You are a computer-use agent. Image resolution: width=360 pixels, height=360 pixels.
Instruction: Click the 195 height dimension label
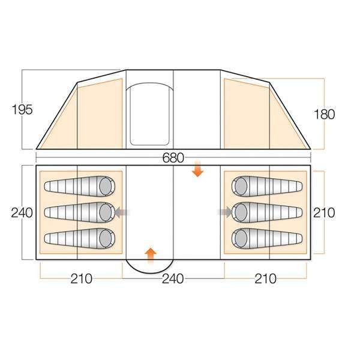tap(22, 110)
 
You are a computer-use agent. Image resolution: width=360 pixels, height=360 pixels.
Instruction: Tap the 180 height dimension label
tap(324, 114)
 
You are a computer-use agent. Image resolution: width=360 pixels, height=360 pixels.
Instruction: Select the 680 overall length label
tap(173, 158)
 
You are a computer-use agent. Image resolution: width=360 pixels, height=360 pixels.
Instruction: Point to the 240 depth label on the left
tap(22, 213)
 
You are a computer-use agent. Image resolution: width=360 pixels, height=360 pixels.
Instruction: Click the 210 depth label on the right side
tap(324, 213)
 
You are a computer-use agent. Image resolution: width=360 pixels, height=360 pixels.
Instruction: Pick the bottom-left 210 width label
tap(81, 279)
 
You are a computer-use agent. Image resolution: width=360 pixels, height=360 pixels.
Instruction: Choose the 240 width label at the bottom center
tap(173, 279)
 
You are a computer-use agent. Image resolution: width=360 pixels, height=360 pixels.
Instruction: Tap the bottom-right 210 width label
tap(265, 279)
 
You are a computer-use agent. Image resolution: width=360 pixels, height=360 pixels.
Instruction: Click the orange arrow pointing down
tap(197, 169)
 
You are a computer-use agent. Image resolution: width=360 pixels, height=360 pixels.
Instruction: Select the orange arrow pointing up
tap(151, 256)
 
